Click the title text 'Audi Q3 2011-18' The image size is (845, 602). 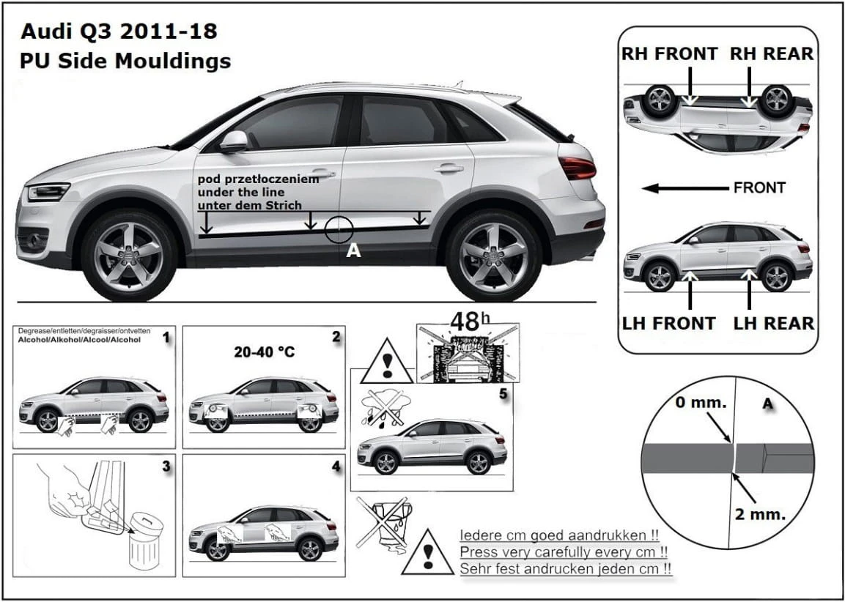click(118, 31)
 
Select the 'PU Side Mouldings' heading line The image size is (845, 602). click(125, 60)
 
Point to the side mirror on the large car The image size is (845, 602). click(234, 141)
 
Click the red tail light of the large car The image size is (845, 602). click(578, 168)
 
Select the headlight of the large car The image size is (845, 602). click(48, 193)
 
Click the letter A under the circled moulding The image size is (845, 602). click(353, 251)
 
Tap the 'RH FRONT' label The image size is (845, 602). click(669, 53)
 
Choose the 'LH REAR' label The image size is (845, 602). click(773, 323)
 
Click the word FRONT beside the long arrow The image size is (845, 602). click(759, 188)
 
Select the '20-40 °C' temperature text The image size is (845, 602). click(264, 352)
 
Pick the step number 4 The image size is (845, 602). click(335, 467)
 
